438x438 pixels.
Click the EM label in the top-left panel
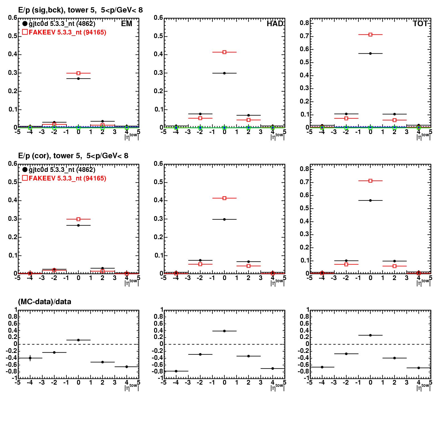(x=127, y=24)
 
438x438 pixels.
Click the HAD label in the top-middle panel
(x=275, y=24)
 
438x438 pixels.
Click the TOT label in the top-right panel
(x=420, y=24)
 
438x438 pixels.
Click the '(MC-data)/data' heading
(x=44, y=302)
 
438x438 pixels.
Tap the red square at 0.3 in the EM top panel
(x=78, y=73)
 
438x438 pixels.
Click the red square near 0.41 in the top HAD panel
(x=224, y=52)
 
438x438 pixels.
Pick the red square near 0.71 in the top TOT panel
(x=370, y=34)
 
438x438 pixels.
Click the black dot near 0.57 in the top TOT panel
(x=370, y=53)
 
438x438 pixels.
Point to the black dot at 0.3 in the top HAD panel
(x=224, y=73)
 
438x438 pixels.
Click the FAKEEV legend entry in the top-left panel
(x=64, y=32)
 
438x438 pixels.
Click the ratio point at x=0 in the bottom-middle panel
(x=224, y=331)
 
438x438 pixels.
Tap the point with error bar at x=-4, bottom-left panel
(x=30, y=358)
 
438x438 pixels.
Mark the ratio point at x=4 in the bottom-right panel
(x=419, y=368)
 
